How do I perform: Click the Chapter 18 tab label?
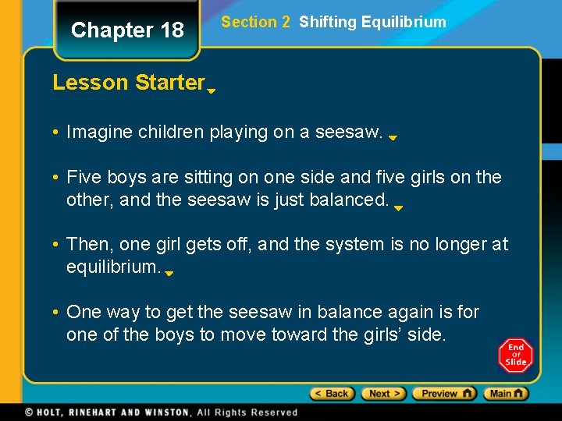pos(127,30)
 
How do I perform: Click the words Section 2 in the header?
pos(255,22)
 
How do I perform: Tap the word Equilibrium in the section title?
pos(404,22)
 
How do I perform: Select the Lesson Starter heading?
pos(128,83)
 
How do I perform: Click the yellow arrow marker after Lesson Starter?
pos(212,90)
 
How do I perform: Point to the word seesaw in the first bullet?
pos(348,133)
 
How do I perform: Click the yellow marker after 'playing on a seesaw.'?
pos(393,138)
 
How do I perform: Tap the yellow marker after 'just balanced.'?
pos(398,209)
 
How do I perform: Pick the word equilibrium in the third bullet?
pos(113,267)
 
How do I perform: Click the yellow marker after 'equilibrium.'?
pos(169,274)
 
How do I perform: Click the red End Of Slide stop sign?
pos(515,356)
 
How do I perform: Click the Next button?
pos(384,394)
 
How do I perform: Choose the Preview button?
pos(444,394)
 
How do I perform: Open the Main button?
pos(506,394)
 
